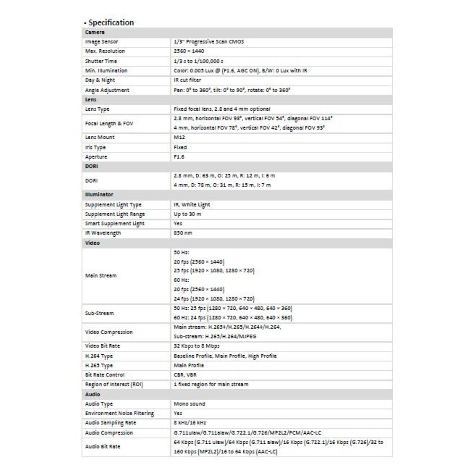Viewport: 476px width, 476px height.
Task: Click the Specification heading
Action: (111, 22)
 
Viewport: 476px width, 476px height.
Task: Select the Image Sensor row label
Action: (102, 42)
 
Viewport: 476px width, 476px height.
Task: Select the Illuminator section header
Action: (99, 194)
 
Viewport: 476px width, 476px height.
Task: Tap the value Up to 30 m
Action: (188, 214)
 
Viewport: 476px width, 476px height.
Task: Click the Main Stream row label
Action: (101, 275)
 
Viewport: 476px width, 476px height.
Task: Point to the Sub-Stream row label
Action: (100, 313)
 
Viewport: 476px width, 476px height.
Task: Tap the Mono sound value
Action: (190, 404)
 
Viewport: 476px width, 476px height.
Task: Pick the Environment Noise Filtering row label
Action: (119, 413)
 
